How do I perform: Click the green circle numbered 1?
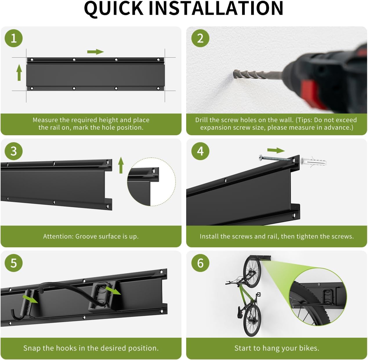14,38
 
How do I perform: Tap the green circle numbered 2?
200,38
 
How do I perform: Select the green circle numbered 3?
14,151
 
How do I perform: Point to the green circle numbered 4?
200,151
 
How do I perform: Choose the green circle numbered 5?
14,263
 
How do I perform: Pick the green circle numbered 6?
200,263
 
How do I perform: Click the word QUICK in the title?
114,9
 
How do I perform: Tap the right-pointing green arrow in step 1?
95,52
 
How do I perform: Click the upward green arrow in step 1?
19,72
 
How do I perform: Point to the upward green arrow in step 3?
121,165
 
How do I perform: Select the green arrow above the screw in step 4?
276,150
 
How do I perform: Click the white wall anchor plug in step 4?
313,162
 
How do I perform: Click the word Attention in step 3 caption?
58,236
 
